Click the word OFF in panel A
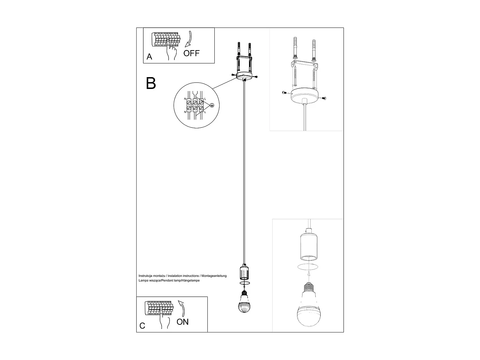191,53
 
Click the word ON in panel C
182,322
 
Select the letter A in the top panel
149,57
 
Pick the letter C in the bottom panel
142,326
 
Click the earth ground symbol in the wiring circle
212,105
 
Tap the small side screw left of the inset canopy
284,92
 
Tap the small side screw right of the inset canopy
324,98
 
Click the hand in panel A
172,52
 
